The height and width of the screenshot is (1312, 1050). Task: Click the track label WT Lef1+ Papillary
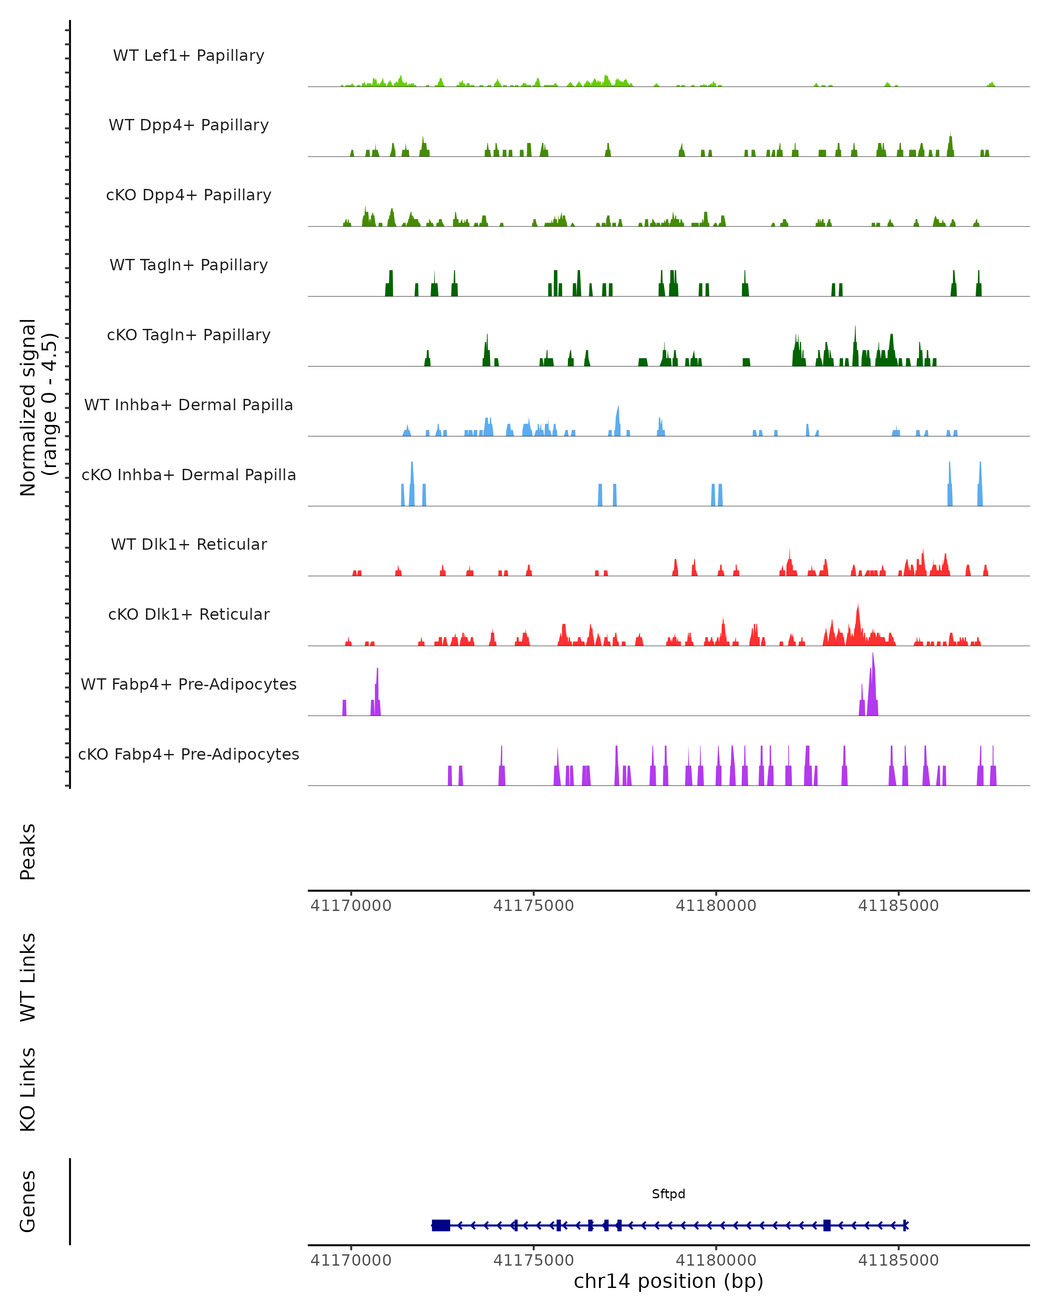click(x=189, y=56)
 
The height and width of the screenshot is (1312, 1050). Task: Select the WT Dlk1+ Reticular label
click(x=189, y=544)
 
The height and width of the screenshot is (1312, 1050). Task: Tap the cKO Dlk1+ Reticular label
click(x=189, y=614)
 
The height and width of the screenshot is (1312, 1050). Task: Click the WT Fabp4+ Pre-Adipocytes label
click(x=189, y=684)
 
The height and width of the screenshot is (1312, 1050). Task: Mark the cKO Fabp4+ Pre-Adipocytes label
click(x=189, y=754)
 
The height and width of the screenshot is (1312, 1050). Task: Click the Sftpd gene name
click(x=668, y=1194)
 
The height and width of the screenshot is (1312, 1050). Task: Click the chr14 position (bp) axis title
click(x=668, y=1281)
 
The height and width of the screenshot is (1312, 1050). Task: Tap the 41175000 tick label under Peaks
click(x=533, y=906)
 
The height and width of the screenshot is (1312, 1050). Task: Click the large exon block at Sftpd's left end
click(x=441, y=1225)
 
